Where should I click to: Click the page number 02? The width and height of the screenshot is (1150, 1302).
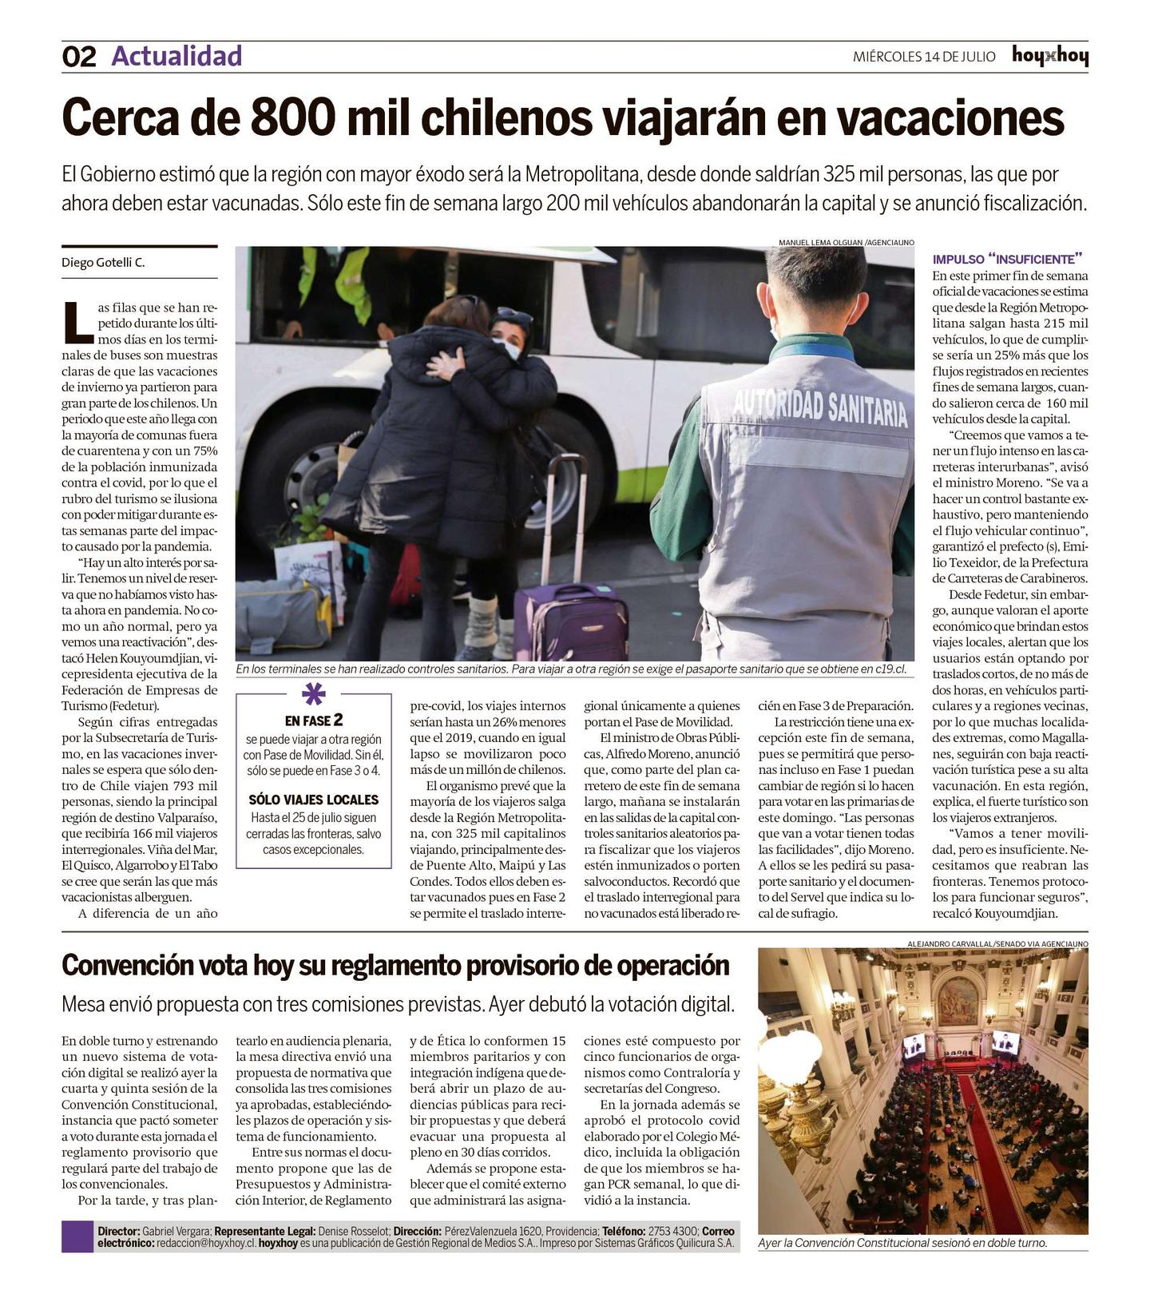(78, 57)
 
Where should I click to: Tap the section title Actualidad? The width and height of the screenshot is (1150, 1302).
(176, 56)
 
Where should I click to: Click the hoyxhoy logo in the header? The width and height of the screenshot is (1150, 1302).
(1049, 56)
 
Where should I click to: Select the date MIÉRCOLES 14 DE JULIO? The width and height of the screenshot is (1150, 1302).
(924, 57)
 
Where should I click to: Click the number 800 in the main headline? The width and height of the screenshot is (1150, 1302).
(291, 118)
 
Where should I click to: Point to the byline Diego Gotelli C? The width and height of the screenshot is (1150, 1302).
(104, 263)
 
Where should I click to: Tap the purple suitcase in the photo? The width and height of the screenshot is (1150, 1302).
(573, 615)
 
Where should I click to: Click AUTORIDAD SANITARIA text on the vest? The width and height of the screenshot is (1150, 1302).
(819, 407)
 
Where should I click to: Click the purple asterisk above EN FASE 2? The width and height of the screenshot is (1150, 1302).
(314, 694)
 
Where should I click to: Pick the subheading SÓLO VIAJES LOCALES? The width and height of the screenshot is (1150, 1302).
(313, 800)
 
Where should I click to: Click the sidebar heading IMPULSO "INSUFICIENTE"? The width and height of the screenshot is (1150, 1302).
(1007, 259)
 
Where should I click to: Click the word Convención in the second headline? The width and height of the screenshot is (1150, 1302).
(128, 966)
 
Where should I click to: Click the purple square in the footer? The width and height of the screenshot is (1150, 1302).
(77, 1237)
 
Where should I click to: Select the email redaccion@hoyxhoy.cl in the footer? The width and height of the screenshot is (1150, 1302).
(206, 1244)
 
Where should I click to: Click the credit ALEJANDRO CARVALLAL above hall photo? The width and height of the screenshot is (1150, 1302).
(950, 943)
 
